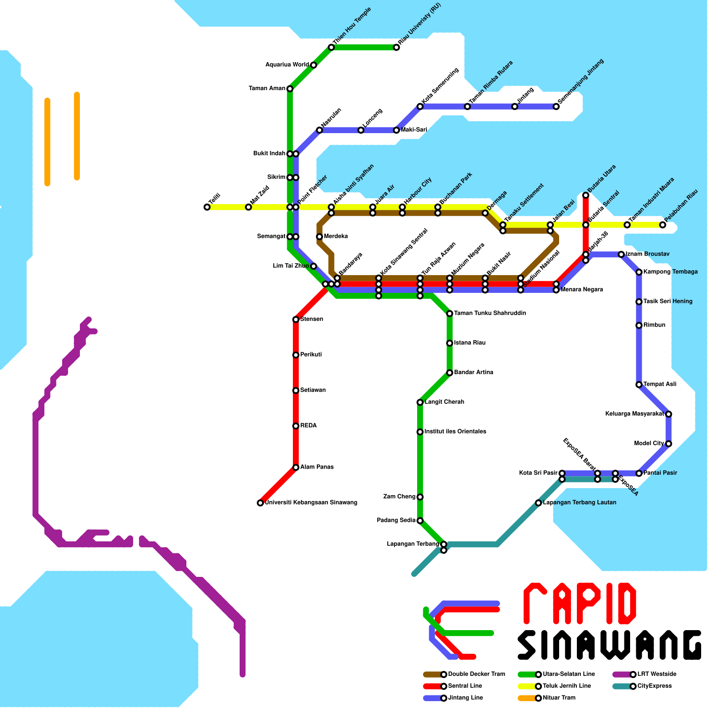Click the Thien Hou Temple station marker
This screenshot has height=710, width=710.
tap(331, 47)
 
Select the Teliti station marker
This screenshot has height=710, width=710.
tap(207, 207)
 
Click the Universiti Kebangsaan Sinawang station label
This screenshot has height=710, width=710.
tap(311, 503)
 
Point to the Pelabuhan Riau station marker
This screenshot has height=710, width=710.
tap(663, 225)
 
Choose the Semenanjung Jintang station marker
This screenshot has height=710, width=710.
tap(556, 106)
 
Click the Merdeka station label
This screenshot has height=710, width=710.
tap(336, 237)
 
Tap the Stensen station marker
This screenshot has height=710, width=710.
tap(296, 319)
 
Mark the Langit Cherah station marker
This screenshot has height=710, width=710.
tap(420, 402)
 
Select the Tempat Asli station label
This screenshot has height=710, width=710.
tap(660, 384)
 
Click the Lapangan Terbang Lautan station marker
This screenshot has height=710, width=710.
tap(538, 503)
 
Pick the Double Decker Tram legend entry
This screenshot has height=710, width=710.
tap(476, 674)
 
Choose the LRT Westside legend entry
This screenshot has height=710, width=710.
tap(657, 674)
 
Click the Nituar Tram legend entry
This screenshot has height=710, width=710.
tap(559, 698)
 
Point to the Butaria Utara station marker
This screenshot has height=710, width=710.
tap(586, 195)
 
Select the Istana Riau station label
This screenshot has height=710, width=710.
tap(470, 343)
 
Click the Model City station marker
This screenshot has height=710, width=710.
tap(668, 444)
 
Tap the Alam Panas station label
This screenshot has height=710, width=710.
tap(317, 467)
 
